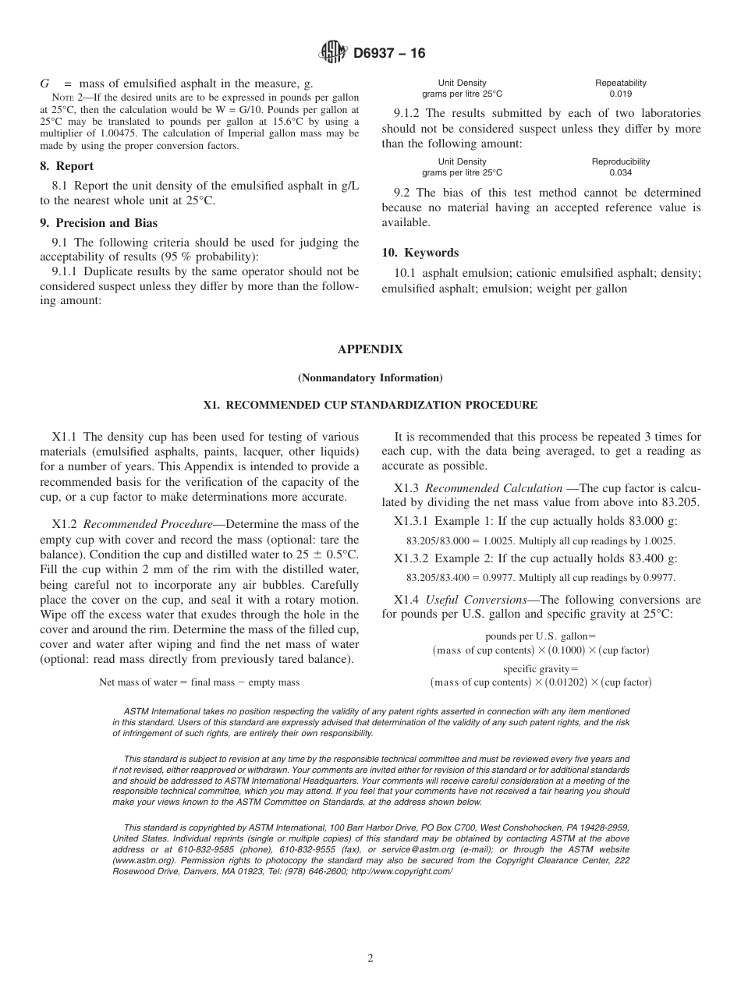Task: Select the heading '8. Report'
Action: pyautogui.click(x=67, y=166)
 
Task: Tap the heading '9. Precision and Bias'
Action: pyautogui.click(x=98, y=223)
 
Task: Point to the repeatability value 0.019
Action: pyautogui.click(x=621, y=94)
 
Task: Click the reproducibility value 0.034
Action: pyautogui.click(x=621, y=172)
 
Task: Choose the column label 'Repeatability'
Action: pyautogui.click(x=621, y=83)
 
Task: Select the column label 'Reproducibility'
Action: pyautogui.click(x=621, y=161)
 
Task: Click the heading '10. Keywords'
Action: pyautogui.click(x=420, y=253)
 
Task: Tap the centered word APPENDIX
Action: pyautogui.click(x=370, y=349)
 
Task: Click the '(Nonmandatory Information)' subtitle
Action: pyautogui.click(x=370, y=378)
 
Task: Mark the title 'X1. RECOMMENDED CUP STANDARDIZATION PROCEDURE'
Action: pyautogui.click(x=370, y=406)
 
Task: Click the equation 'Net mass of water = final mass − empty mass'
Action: pyautogui.click(x=200, y=682)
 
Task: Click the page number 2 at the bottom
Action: pyautogui.click(x=370, y=958)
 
